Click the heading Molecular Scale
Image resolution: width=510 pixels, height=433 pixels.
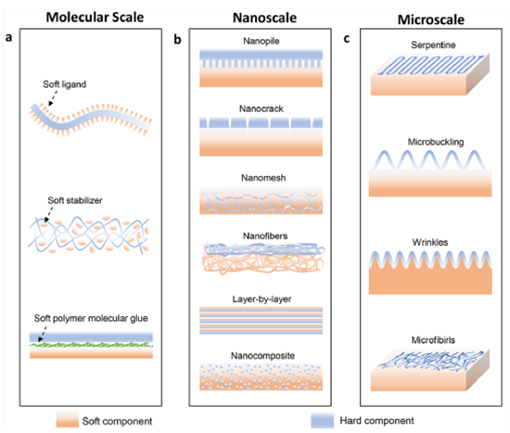point(95,18)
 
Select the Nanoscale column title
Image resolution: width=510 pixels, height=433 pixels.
point(265,18)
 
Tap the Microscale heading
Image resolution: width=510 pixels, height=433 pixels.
point(431,19)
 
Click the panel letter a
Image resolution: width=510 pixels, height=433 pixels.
point(8,37)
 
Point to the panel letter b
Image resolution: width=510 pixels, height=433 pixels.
point(177,39)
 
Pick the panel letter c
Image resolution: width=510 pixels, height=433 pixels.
point(347,39)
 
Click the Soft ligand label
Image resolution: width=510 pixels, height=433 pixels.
point(65,84)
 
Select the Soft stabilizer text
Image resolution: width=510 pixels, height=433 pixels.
point(75,200)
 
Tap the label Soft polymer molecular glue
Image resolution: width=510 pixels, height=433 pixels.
point(91,318)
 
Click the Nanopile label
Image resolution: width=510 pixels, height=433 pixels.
point(261,41)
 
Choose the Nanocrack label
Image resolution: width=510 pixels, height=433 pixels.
point(261,108)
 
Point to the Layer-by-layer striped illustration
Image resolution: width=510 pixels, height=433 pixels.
point(261,321)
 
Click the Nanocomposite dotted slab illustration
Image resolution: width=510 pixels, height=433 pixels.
point(261,376)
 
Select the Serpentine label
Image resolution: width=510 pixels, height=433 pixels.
point(433,45)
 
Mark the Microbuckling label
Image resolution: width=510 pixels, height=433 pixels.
point(436,142)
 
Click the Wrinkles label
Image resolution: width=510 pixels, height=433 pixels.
point(430,242)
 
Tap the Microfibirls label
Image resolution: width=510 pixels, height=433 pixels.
point(433,340)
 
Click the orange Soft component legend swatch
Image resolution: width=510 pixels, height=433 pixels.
point(68,420)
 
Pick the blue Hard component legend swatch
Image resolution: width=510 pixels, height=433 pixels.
point(322,420)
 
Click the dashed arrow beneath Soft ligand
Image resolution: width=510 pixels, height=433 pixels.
point(53,98)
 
